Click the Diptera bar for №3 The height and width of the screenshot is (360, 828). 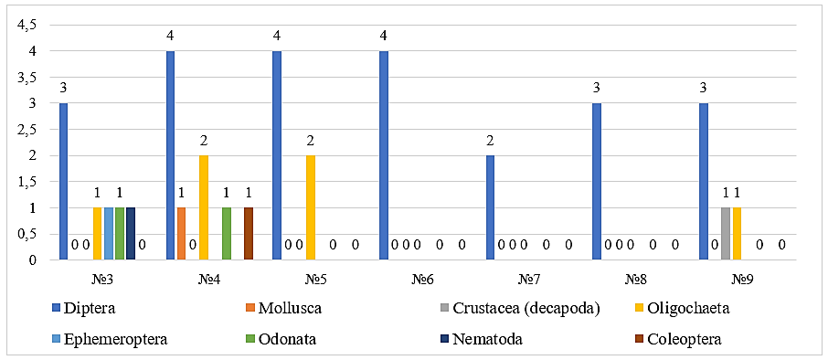(x=63, y=182)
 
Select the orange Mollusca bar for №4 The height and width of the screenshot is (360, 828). (x=181, y=234)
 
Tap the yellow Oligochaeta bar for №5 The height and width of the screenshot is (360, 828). (x=310, y=207)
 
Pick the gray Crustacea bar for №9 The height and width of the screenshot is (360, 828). (x=725, y=234)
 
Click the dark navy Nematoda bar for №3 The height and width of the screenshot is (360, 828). (x=131, y=234)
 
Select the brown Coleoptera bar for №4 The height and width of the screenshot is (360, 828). (x=249, y=234)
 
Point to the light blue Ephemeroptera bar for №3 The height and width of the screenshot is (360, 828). (x=108, y=234)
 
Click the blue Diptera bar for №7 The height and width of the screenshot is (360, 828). (x=490, y=207)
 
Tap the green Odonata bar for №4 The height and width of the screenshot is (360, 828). (x=226, y=234)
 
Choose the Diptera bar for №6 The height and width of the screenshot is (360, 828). (x=384, y=155)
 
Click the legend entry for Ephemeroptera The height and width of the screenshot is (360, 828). (x=110, y=339)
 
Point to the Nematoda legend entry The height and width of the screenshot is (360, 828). (x=483, y=339)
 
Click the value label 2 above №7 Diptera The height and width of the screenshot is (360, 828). (x=490, y=141)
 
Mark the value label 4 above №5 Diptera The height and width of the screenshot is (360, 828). (x=277, y=36)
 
